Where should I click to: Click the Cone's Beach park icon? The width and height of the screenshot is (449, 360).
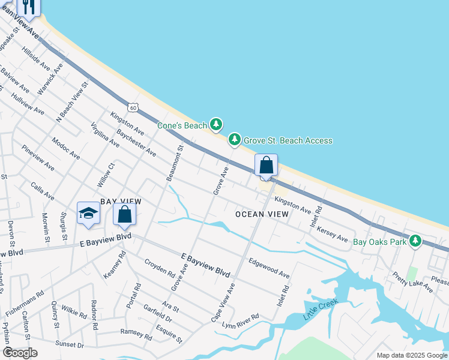216,125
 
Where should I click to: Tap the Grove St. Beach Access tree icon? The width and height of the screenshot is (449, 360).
235,140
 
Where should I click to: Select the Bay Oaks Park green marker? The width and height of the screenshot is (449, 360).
415,242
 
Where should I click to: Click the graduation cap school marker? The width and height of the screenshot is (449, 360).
88,213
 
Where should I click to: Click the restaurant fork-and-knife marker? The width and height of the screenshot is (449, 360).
28,6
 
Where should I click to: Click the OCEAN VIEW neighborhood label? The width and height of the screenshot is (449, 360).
262,214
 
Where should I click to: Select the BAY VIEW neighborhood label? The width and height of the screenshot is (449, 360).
121,202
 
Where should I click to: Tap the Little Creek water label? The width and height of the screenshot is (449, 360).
317,310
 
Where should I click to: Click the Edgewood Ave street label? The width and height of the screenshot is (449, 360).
269,268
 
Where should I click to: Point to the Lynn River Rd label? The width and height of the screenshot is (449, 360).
240,320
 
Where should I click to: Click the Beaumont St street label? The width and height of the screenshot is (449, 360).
174,163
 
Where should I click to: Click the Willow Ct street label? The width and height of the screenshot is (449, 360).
106,175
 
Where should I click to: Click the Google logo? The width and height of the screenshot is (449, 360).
20,353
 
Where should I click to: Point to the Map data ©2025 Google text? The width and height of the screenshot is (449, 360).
411,355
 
